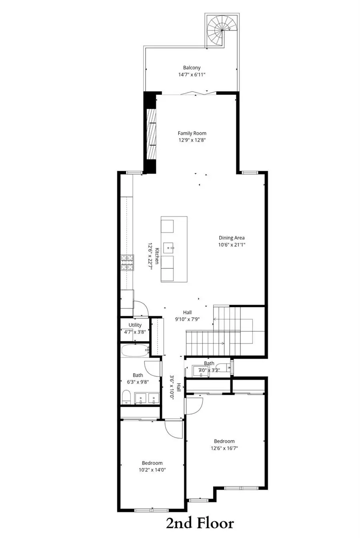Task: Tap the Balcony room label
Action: [x=192, y=68]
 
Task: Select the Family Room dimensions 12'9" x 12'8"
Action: [x=192, y=140]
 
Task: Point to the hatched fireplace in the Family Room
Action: [x=151, y=134]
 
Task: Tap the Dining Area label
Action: [x=231, y=238]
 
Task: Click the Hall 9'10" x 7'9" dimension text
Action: [x=187, y=319]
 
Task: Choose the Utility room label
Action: [x=135, y=325]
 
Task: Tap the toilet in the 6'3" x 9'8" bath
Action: [x=126, y=398]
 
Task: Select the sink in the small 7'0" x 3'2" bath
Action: [x=200, y=371]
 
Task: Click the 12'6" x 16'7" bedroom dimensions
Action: [x=224, y=448]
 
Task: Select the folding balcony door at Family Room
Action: [x=193, y=93]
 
